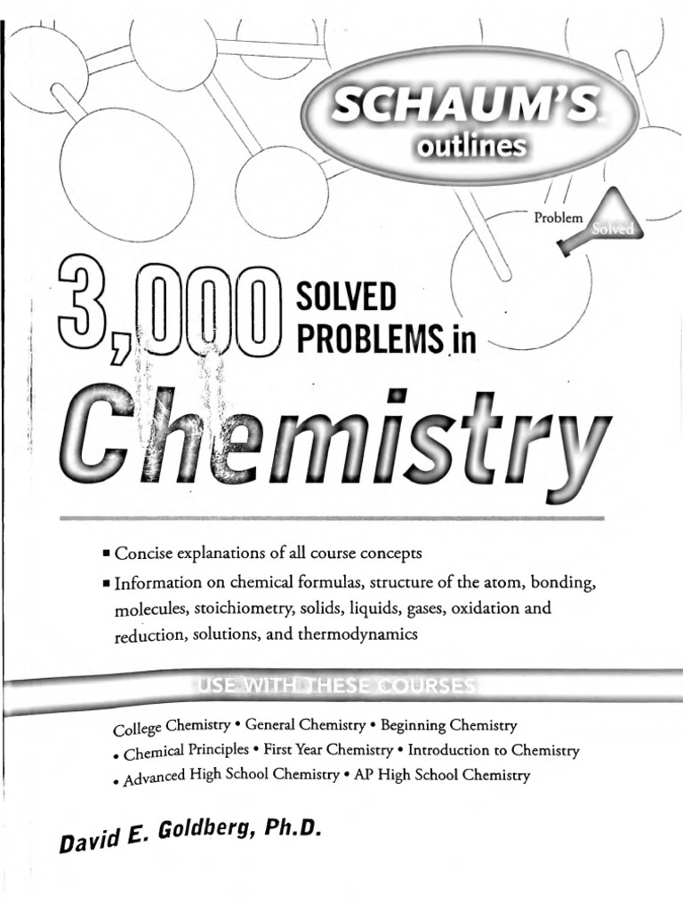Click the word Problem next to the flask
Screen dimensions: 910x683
pyautogui.click(x=558, y=216)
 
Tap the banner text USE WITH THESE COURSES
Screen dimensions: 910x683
pyautogui.click(x=334, y=686)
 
